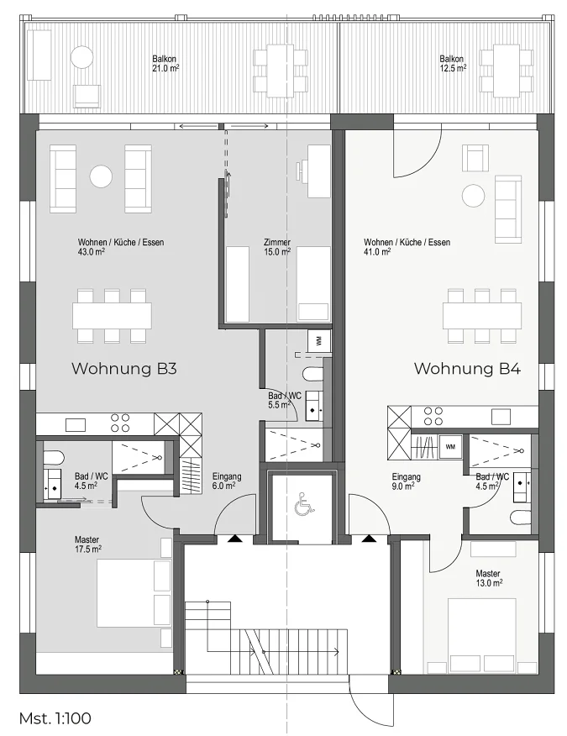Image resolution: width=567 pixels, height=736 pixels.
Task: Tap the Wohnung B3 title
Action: point(124,369)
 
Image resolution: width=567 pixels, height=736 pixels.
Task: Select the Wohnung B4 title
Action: point(468,369)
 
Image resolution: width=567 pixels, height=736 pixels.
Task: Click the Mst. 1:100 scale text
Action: point(55,718)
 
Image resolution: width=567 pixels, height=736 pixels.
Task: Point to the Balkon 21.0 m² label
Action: point(165,64)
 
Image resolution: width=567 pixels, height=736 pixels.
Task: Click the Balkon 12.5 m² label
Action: point(453,64)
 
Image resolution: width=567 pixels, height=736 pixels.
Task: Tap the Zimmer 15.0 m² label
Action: point(277,247)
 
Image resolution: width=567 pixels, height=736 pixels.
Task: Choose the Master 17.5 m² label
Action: point(88,544)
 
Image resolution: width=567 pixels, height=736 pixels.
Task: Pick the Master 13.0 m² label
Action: point(489,578)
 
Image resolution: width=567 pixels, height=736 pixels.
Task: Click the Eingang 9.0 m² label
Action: point(407,481)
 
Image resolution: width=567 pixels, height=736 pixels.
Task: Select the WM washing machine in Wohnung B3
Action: point(319,341)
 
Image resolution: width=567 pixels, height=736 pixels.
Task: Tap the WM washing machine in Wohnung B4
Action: point(450,446)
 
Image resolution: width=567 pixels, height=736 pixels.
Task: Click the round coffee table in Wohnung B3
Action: point(101,177)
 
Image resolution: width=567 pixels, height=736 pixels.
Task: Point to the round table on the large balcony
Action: point(82,57)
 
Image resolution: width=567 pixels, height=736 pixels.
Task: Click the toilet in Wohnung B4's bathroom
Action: point(521,518)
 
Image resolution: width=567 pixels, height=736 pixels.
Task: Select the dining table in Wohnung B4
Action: point(482,316)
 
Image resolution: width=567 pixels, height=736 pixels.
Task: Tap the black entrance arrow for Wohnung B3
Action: point(234,539)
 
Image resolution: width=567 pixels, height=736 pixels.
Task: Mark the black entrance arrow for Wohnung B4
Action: point(370,539)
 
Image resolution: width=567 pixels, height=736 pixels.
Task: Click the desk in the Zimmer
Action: point(319,171)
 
